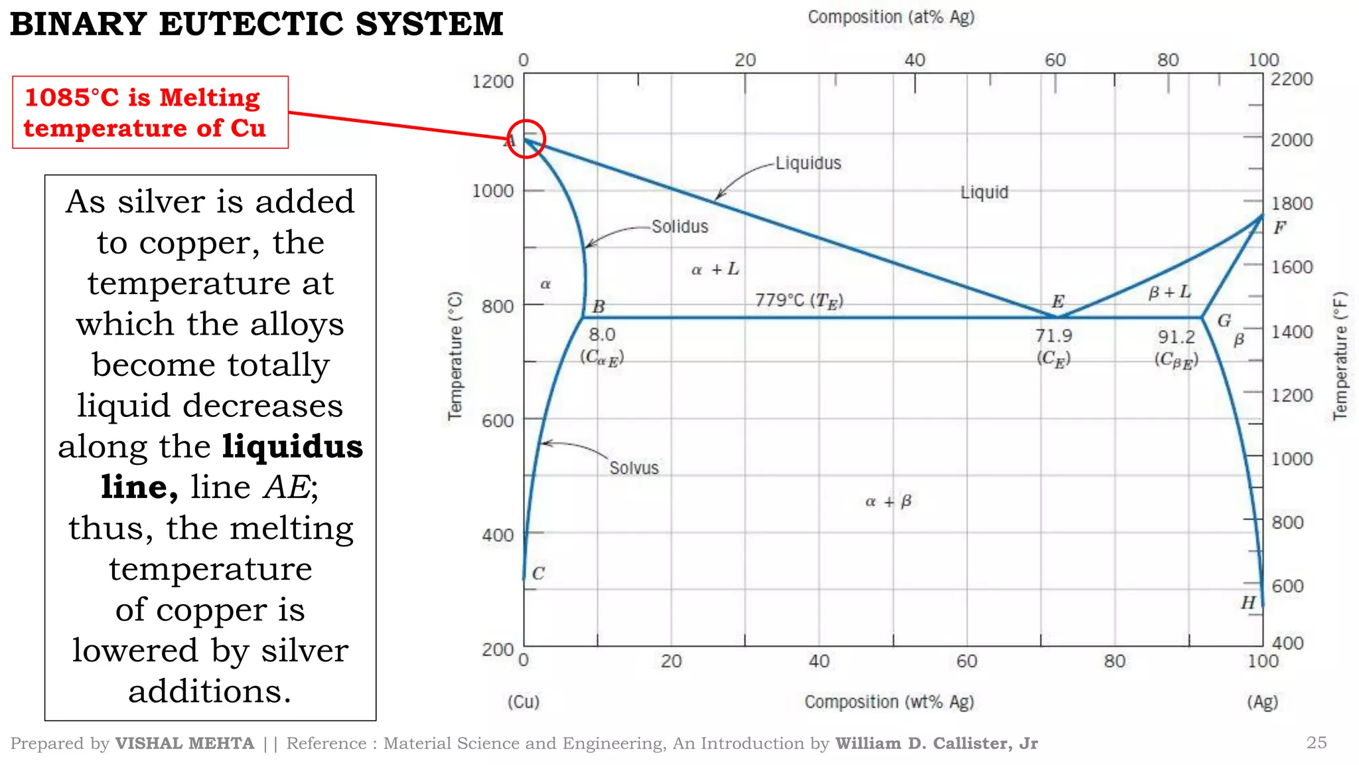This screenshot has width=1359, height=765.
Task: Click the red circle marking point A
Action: (526, 139)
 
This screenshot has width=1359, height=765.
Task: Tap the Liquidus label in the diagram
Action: (808, 163)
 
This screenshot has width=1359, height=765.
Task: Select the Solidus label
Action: (679, 227)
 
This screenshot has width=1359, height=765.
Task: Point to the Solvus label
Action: (634, 468)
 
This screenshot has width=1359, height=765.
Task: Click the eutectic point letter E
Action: (1058, 302)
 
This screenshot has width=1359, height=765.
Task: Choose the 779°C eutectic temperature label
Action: (799, 301)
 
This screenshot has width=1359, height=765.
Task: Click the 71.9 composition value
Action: (1054, 336)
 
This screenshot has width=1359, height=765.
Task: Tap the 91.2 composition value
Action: (1177, 337)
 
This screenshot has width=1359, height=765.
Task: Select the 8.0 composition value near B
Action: (602, 335)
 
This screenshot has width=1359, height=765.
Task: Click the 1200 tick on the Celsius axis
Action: (492, 82)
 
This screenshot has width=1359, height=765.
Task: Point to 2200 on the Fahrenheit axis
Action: (1291, 79)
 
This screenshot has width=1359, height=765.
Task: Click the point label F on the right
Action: (1279, 228)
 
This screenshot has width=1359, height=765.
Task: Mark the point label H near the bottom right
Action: (1248, 602)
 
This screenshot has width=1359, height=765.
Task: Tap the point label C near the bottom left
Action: (538, 573)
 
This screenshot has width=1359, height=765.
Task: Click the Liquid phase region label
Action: (984, 193)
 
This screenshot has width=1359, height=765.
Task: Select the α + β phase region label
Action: (889, 501)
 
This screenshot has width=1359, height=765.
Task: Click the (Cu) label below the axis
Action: (524, 702)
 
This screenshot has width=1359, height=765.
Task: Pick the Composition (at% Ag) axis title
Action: (891, 17)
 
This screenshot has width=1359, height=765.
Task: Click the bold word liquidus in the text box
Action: (293, 446)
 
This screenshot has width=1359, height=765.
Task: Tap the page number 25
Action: (1316, 742)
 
